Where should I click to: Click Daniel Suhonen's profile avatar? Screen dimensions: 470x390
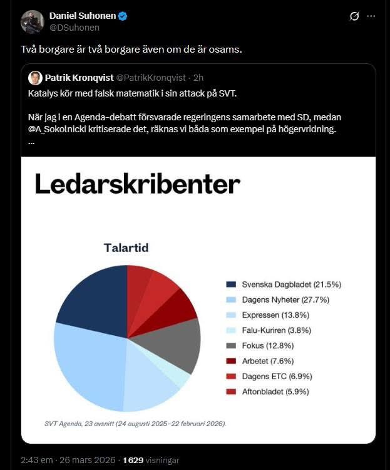[x=33, y=21]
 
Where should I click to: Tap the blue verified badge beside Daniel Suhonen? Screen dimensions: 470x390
[x=123, y=16]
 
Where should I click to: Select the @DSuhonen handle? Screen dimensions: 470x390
[x=74, y=28]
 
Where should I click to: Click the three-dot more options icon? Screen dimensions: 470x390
[x=372, y=16]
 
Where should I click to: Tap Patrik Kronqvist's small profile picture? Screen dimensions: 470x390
[x=36, y=78]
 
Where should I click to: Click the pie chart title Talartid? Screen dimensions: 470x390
[x=126, y=248]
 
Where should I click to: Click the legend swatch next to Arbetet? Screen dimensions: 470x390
[x=231, y=361]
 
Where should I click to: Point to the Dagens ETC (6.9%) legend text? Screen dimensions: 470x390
[x=277, y=377]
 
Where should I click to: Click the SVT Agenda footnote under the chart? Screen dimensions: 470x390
[x=135, y=423]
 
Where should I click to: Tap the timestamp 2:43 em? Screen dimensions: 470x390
[x=36, y=459]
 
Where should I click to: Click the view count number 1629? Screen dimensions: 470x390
[x=133, y=459]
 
